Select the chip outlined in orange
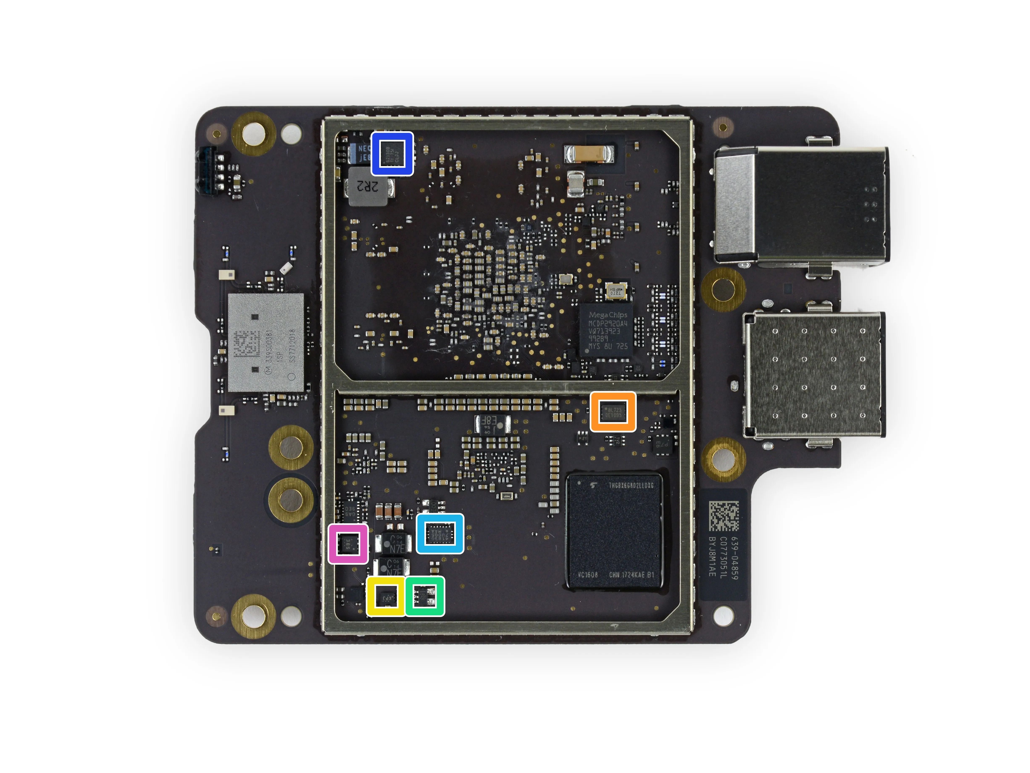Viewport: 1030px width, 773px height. pyautogui.click(x=613, y=411)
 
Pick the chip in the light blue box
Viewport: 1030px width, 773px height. pyautogui.click(x=439, y=534)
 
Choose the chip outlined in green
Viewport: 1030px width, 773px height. pyautogui.click(x=425, y=596)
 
